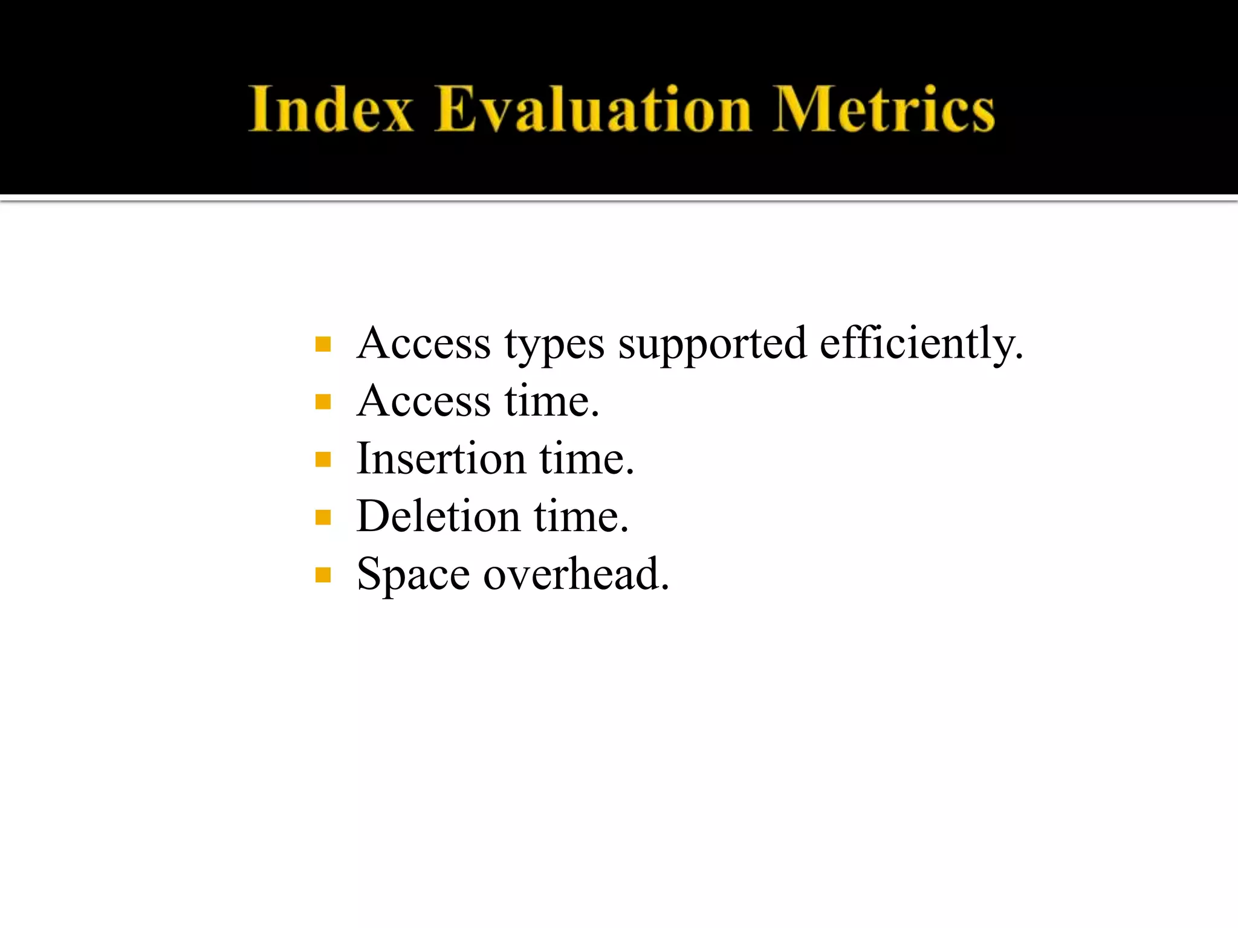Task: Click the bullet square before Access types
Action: [x=323, y=344]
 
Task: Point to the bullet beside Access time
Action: [x=323, y=402]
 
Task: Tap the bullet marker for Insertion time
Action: [x=323, y=460]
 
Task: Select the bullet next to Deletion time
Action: [x=323, y=517]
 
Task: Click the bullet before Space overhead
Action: [x=323, y=575]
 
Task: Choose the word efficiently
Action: [x=921, y=344]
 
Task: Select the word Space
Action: [x=413, y=575]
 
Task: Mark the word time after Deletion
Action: [x=581, y=517]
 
